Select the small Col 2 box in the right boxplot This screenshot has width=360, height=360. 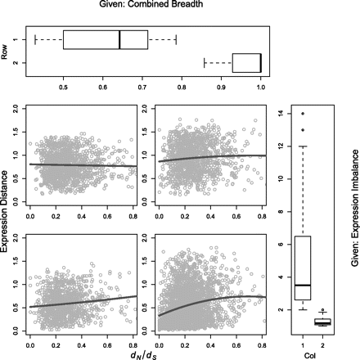pos(322,322)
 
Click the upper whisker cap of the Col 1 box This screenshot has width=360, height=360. pos(304,147)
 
